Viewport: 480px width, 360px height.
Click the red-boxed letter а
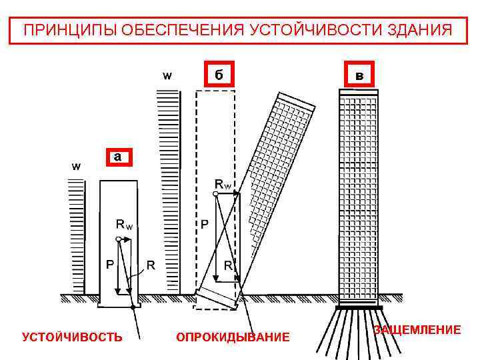point(117,157)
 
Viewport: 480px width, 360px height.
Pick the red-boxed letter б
point(219,74)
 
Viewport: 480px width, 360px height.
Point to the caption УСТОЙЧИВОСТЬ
point(72,337)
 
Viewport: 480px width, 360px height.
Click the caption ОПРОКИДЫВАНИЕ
point(233,337)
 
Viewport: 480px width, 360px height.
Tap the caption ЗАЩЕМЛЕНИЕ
point(417,329)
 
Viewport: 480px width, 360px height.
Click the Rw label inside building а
point(124,225)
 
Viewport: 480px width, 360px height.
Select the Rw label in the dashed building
point(223,183)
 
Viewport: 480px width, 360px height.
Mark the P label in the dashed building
point(205,225)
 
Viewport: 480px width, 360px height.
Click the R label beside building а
point(151,265)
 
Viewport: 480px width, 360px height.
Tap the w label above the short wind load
point(76,166)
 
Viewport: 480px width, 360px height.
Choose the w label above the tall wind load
point(167,75)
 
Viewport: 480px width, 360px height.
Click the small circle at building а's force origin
point(118,238)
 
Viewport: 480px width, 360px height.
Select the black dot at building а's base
point(133,307)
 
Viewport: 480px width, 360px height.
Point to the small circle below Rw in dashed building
point(215,193)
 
